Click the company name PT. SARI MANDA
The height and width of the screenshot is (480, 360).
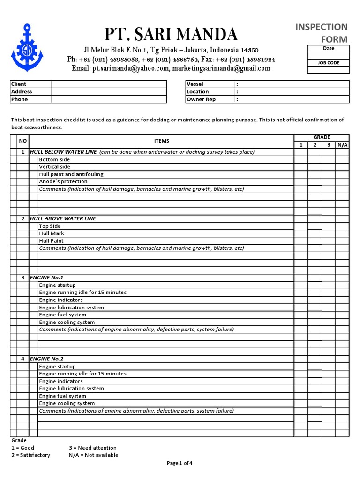click(171, 34)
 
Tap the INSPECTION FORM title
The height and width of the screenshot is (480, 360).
click(321, 32)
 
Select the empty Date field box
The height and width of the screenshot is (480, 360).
click(329, 55)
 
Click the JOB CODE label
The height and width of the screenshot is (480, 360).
click(329, 63)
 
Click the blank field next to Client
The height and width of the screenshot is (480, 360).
click(108, 84)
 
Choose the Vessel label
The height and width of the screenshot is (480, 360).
click(195, 84)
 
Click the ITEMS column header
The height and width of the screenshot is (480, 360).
click(162, 141)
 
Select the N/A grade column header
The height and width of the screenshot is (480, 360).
click(342, 145)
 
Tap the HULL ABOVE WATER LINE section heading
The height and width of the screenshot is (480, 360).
click(63, 218)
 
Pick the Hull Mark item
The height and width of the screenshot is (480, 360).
click(52, 233)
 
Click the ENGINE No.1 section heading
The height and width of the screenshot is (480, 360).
click(46, 277)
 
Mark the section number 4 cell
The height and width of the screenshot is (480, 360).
click(22, 359)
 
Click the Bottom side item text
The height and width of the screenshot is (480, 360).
click(54, 160)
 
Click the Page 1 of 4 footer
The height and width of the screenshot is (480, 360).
click(180, 463)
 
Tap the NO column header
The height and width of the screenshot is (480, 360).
click(22, 141)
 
